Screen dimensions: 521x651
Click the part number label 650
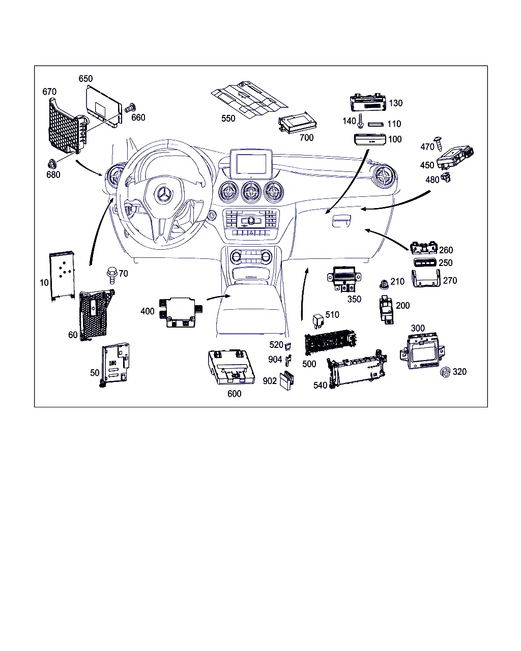point(85,79)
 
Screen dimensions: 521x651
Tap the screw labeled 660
point(130,108)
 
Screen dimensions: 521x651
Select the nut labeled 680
point(51,164)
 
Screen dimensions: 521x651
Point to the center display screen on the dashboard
point(251,164)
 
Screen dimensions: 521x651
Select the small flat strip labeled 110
point(375,124)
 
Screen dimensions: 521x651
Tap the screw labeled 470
point(438,143)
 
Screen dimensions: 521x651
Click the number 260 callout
point(446,250)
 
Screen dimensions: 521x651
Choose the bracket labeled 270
point(426,278)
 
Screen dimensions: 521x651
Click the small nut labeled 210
point(384,284)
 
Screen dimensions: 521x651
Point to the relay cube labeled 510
point(318,321)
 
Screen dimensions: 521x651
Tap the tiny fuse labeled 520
point(288,346)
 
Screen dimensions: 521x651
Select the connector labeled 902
point(286,380)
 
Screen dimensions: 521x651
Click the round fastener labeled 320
point(445,372)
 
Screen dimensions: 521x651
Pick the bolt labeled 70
point(112,275)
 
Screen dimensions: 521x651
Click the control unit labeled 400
point(181,312)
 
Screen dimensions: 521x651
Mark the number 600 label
point(235,394)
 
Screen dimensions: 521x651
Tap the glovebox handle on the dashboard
point(341,221)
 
